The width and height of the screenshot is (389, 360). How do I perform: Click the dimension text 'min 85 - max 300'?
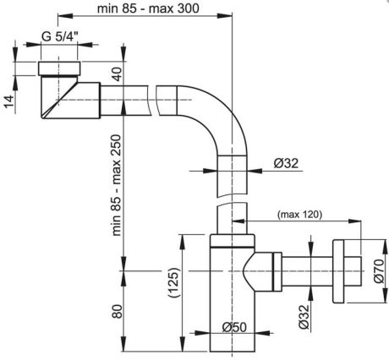coord(148,8)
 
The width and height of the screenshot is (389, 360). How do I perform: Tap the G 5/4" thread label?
coord(59,36)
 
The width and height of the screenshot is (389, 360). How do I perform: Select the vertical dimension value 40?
coord(117,74)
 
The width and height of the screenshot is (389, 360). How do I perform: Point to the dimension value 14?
coord(8,101)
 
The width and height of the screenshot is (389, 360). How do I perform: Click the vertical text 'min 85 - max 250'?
coord(116,185)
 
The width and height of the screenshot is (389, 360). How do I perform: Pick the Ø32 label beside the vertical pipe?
coord(286,163)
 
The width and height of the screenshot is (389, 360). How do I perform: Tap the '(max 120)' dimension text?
coord(299,215)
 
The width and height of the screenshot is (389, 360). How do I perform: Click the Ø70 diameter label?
coord(380,271)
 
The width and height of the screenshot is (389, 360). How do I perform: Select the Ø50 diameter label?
coord(234,327)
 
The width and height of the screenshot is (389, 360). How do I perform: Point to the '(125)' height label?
coord(174,282)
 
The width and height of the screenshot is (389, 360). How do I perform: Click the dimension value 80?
coord(117,312)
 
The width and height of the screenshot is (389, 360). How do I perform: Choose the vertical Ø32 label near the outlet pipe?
coord(304,317)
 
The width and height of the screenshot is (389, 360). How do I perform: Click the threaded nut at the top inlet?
coord(59,68)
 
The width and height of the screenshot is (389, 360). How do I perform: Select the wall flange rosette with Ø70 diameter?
coord(338,271)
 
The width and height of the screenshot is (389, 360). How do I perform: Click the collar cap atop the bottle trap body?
coord(233,240)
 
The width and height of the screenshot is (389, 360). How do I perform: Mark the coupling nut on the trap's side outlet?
coord(277,271)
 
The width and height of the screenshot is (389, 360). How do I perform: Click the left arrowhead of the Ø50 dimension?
coord(203,333)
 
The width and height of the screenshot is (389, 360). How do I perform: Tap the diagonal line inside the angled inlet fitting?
coord(60,99)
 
